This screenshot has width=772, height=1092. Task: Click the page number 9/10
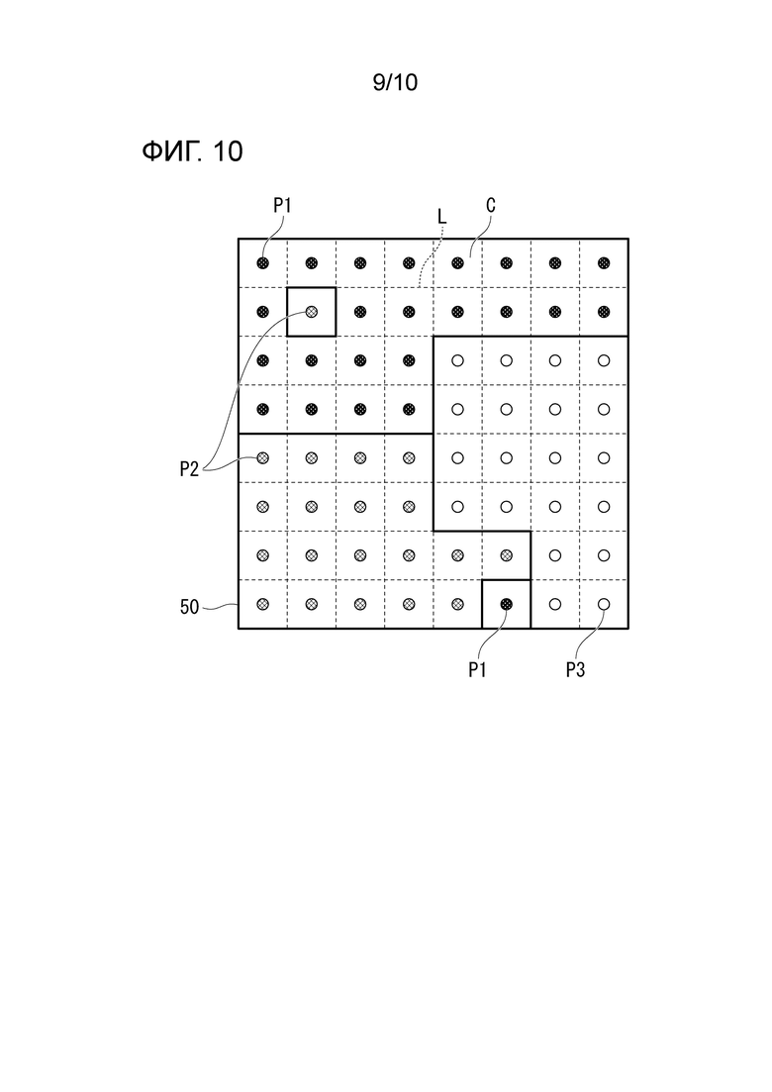(395, 82)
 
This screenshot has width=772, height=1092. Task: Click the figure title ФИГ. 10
(192, 151)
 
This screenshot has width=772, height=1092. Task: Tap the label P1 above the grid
(282, 206)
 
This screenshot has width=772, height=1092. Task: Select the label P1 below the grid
(477, 670)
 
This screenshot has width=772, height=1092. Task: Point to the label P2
(189, 469)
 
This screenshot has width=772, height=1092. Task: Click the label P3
(575, 670)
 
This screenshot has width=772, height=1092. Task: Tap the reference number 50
(189, 607)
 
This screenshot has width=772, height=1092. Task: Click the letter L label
(442, 217)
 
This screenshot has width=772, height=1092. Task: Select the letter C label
(491, 206)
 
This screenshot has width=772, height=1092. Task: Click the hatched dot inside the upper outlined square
(312, 312)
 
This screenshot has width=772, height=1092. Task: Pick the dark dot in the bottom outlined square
(507, 604)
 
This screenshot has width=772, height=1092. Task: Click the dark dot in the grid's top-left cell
(263, 263)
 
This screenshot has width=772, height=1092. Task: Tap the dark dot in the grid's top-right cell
(604, 263)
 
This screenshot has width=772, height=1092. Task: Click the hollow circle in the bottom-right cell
(604, 604)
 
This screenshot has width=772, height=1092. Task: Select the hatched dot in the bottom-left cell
(263, 604)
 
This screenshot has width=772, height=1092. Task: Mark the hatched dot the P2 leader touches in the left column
(263, 457)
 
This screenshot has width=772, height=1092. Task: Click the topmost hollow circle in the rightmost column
(604, 360)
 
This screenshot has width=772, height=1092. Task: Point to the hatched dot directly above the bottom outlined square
(507, 555)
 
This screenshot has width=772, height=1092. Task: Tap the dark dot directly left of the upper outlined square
(263, 312)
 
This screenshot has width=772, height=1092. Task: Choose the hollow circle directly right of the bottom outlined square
(555, 604)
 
